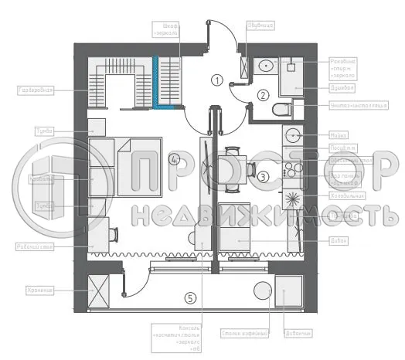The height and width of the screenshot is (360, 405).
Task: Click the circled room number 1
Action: [217, 80]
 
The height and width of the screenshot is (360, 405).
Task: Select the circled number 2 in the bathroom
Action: [263, 96]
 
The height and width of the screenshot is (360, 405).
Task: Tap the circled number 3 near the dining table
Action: [263, 177]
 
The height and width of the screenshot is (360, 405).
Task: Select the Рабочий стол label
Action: [33, 247]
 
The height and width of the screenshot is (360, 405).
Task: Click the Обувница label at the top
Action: [259, 25]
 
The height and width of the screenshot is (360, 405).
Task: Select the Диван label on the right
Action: [319, 240]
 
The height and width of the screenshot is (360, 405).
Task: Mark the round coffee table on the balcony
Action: [261, 292]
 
